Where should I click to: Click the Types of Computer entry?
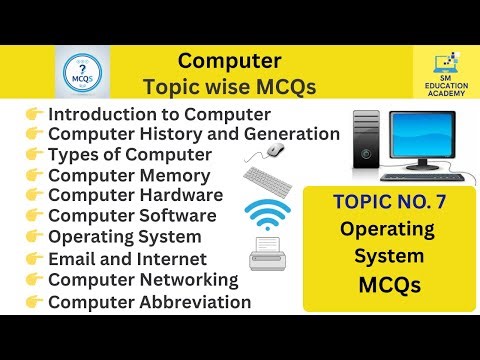(130, 154)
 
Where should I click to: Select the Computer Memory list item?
(126, 175)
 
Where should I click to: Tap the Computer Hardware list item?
(135, 195)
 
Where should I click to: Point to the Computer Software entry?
(132, 215)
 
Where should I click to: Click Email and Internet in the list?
(125, 259)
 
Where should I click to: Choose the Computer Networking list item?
(143, 279)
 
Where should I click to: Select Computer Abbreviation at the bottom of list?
(150, 301)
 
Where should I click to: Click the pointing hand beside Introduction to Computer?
(33, 114)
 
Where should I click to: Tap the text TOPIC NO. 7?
(386, 203)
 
